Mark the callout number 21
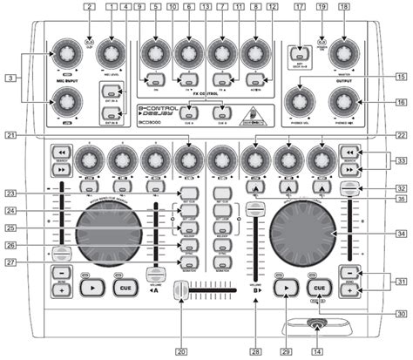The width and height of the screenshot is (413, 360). (10, 137)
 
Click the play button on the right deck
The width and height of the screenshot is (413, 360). (283, 309)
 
